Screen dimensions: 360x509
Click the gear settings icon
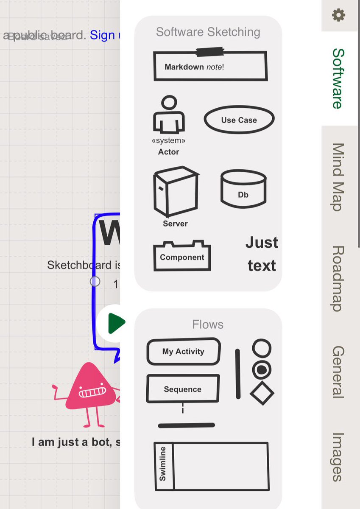click(x=338, y=16)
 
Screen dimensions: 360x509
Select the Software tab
click(x=338, y=78)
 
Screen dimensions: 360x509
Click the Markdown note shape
click(x=210, y=66)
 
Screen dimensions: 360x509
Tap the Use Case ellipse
click(x=239, y=120)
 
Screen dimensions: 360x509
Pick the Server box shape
click(x=175, y=192)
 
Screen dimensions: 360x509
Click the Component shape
click(x=182, y=256)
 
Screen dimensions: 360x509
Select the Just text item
click(x=262, y=254)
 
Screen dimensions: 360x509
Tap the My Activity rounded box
click(x=183, y=351)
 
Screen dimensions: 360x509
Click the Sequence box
click(x=183, y=389)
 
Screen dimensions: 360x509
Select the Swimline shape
click(x=210, y=466)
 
